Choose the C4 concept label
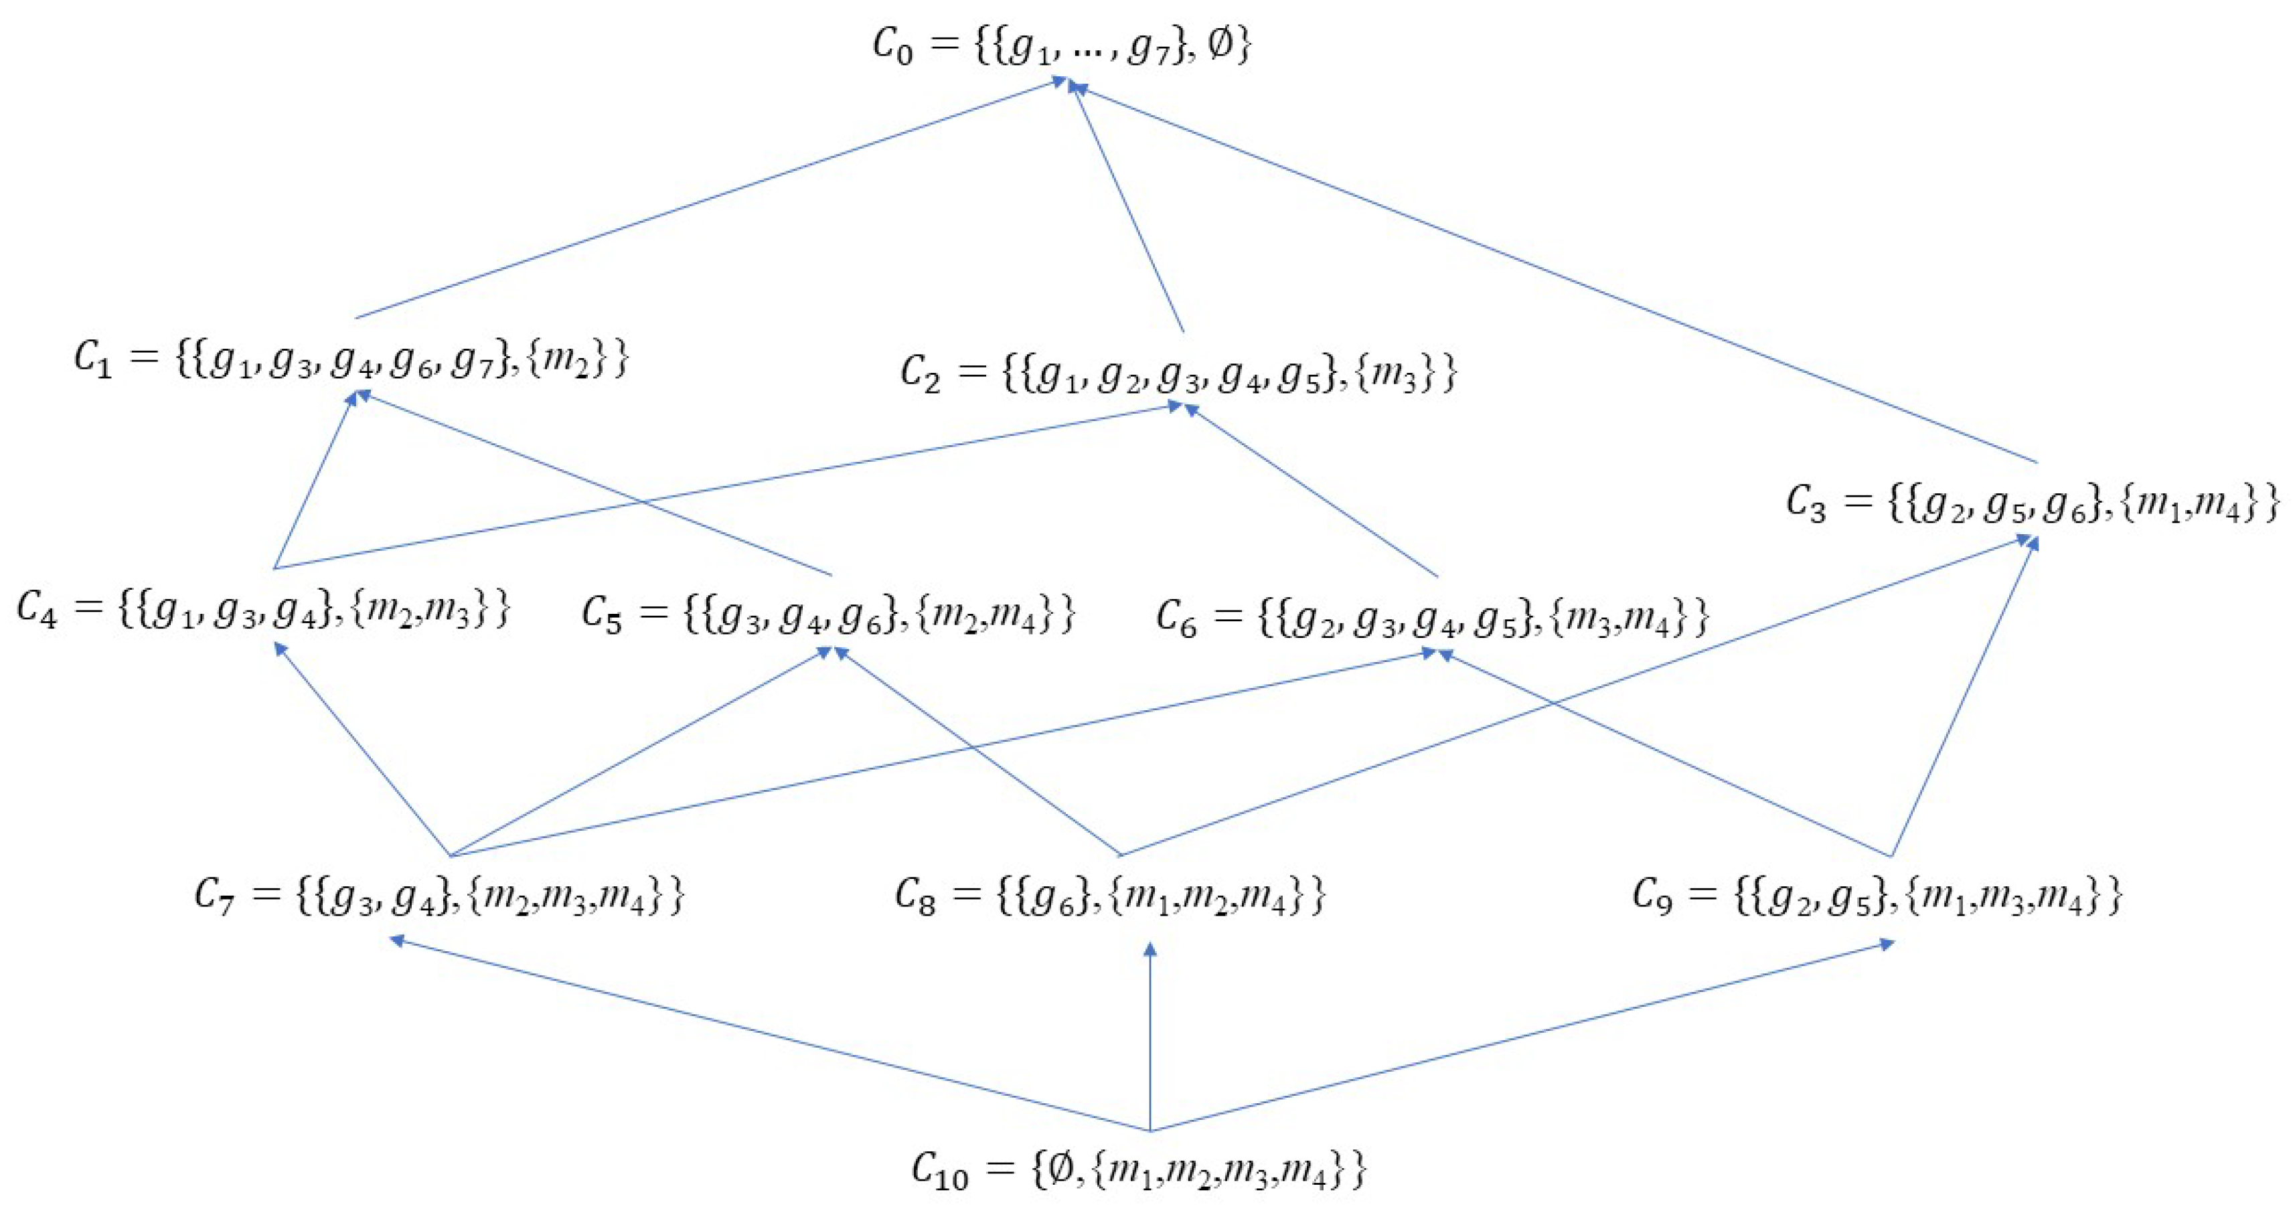[264, 611]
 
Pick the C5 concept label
[829, 615]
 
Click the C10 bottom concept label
[1139, 1169]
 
